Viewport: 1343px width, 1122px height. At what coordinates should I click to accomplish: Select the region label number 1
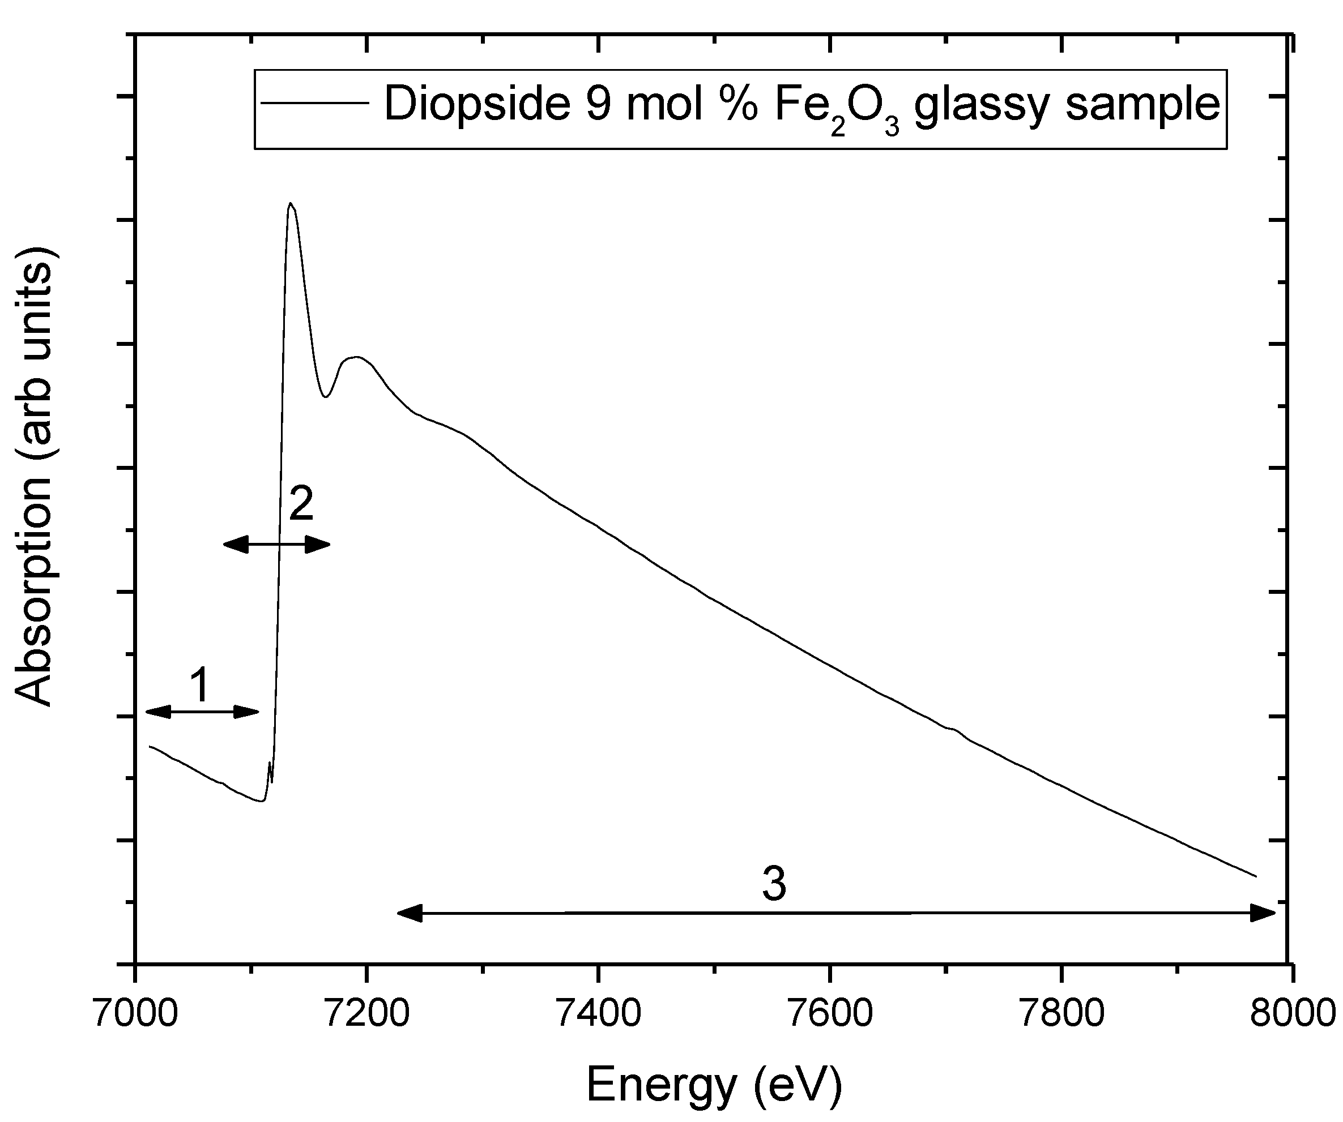[x=200, y=686]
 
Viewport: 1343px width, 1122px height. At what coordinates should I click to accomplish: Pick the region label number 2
[x=301, y=504]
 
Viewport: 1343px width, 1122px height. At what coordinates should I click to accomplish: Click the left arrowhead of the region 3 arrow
[x=410, y=914]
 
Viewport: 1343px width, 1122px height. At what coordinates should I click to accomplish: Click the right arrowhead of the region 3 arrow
[x=1263, y=913]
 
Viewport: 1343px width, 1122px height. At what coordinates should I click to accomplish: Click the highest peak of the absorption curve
[x=291, y=204]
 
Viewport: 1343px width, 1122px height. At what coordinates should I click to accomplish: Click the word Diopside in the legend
[x=476, y=104]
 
